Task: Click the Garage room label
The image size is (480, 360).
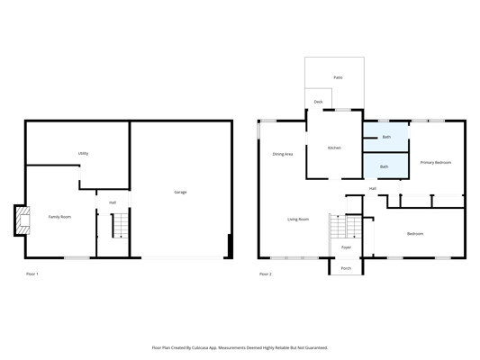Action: pos(180,192)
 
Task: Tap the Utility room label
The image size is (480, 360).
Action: pos(83,153)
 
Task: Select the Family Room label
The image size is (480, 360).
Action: pos(59,217)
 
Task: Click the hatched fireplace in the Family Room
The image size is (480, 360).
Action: pos(23,220)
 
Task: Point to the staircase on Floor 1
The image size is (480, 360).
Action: pos(121,226)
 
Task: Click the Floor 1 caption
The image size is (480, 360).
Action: pos(32,274)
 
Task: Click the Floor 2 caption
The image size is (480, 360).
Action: pos(266,274)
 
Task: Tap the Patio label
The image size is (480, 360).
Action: pos(338,77)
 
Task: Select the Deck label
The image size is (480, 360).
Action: pos(319,102)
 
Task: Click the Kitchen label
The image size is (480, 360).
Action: pos(334,148)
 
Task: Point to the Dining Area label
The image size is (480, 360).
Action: pos(283,154)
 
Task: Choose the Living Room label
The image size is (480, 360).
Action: pos(298,220)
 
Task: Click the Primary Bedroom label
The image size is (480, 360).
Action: pos(436,162)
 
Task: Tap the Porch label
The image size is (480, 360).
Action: pos(346,268)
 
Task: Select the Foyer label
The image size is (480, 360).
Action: pos(346,247)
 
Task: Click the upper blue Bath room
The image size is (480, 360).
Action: pos(385,137)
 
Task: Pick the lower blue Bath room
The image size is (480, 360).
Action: pos(385,166)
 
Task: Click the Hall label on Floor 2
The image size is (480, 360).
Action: pos(373,189)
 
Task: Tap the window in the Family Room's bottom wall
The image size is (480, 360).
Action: pos(77,257)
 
